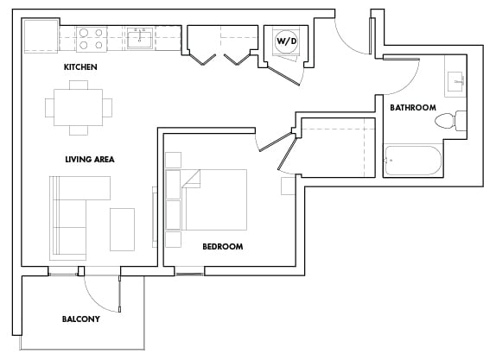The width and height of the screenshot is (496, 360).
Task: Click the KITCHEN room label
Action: (79, 66)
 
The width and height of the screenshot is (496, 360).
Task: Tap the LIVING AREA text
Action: (89, 159)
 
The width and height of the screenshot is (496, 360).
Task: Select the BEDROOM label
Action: (222, 246)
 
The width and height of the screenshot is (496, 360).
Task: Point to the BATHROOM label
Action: (412, 108)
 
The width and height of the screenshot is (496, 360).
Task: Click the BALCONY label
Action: (80, 319)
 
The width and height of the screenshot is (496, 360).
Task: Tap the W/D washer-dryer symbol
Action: (286, 41)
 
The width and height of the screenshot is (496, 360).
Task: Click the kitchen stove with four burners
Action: (92, 38)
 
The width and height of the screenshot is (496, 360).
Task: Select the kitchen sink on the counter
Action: (140, 38)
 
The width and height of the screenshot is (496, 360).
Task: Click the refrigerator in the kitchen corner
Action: (40, 38)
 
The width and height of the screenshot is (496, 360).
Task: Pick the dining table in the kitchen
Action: (79, 108)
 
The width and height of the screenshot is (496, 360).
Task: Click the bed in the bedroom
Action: (213, 199)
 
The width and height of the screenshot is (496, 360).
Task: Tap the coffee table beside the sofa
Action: (122, 229)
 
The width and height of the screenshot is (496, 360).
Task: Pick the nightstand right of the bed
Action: (289, 186)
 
